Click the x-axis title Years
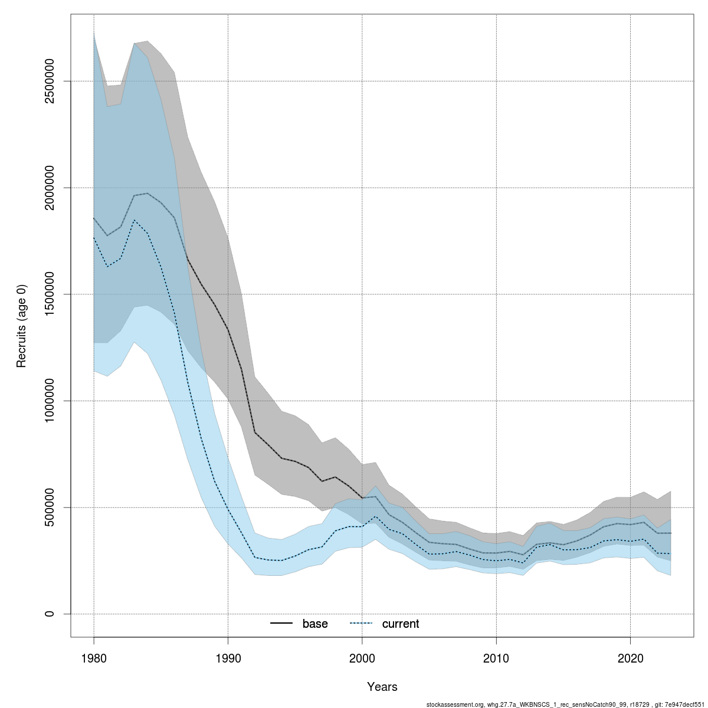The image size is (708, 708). [382, 687]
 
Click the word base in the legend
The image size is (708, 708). [315, 624]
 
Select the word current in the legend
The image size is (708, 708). [401, 624]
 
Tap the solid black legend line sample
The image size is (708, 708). [282, 624]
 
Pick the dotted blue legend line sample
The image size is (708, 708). [362, 624]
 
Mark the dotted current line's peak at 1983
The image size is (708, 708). [135, 220]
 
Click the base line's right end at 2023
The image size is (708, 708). [671, 533]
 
